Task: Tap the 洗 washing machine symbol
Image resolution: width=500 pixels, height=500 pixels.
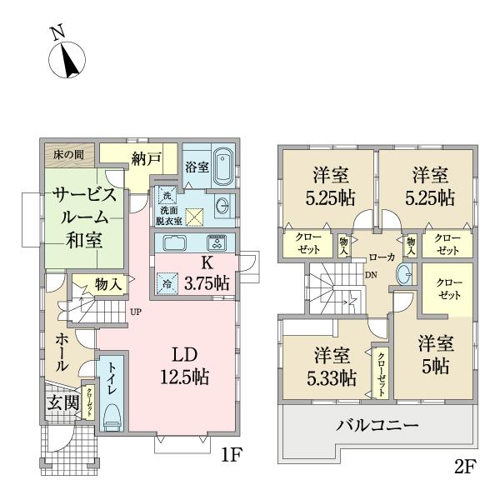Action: [x=166, y=196]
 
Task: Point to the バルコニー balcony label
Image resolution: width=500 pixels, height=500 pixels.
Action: [x=377, y=426]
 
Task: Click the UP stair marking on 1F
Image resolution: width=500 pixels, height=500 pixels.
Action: [x=135, y=312]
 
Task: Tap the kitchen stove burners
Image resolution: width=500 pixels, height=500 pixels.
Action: [x=216, y=244]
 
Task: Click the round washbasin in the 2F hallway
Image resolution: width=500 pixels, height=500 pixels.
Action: [x=404, y=273]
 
